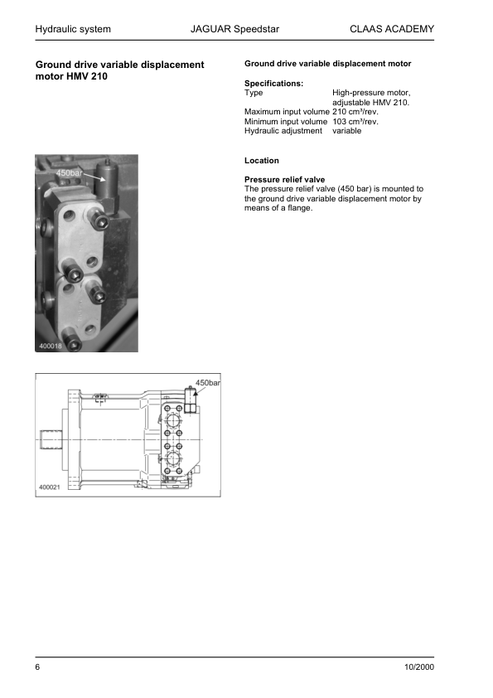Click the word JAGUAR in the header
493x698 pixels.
point(210,30)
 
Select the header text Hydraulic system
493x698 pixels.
point(73,30)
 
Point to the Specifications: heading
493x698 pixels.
point(274,83)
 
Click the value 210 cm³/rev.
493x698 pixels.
point(355,112)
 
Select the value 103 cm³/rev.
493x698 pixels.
point(355,122)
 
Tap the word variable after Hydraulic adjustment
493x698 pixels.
point(347,131)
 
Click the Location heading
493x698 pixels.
point(262,160)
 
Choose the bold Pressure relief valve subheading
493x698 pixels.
point(285,179)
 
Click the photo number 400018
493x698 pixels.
point(52,346)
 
